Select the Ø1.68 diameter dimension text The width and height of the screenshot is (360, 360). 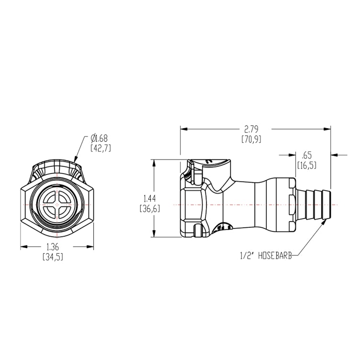(x=100, y=139)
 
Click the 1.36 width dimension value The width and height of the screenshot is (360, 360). (x=54, y=247)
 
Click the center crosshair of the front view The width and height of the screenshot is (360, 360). (x=57, y=205)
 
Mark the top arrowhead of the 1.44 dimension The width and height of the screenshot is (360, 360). (x=154, y=162)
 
